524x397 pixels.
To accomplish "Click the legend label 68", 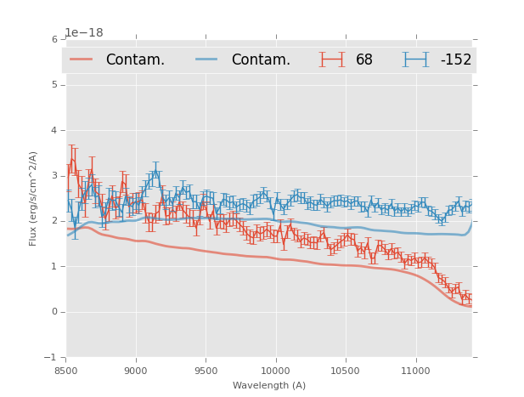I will (x=364, y=60).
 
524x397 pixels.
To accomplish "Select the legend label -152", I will (x=455, y=60).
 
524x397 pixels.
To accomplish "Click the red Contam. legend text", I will (x=135, y=60).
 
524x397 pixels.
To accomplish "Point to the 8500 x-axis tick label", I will (x=66, y=371).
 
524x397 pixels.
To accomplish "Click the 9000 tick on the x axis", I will (x=136, y=371).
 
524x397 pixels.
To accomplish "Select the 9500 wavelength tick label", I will (x=206, y=371).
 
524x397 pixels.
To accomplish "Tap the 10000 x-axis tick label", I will (x=275, y=371).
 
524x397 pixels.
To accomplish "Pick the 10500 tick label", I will (x=346, y=371).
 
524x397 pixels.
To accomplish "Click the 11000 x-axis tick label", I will (x=415, y=371).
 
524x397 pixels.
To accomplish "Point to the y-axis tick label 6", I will (x=54, y=39).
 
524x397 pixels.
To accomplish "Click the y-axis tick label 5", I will (x=54, y=85).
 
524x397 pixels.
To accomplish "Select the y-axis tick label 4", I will (x=54, y=130).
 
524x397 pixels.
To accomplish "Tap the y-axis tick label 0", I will (x=54, y=312).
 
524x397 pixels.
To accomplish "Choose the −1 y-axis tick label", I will (x=53, y=357).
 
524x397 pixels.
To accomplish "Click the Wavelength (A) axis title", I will (x=269, y=386).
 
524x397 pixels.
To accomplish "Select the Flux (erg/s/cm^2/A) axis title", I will (x=34, y=198).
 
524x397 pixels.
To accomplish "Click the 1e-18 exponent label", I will (x=84, y=32).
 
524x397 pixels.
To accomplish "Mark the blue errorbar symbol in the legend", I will (x=415, y=60).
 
